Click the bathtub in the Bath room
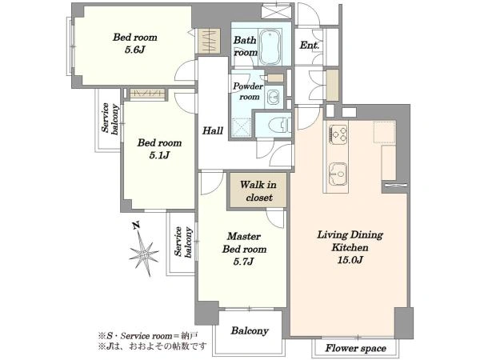(270, 46)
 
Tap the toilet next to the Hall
(279, 125)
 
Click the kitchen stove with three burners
(338, 134)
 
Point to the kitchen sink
(338, 174)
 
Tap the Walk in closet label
(258, 191)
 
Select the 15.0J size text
(350, 260)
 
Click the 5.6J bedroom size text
(134, 50)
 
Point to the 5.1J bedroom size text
(159, 155)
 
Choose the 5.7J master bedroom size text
(244, 262)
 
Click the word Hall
(213, 131)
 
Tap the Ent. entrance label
(309, 46)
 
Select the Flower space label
(355, 348)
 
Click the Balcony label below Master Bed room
(250, 331)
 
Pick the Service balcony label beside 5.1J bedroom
(110, 118)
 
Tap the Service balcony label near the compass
(182, 242)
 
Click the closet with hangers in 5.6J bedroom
(209, 41)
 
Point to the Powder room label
(248, 91)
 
